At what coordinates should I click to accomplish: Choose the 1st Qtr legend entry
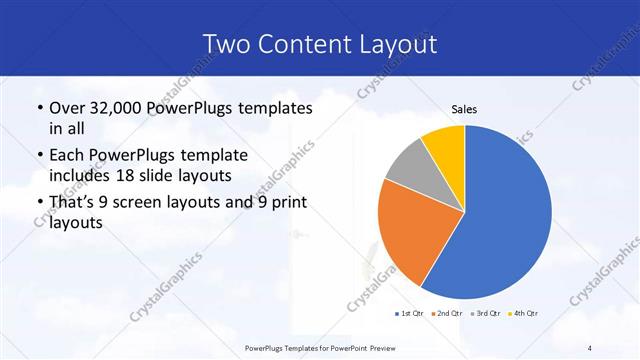410,313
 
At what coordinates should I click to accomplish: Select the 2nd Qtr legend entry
446,313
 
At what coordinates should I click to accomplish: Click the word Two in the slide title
225,43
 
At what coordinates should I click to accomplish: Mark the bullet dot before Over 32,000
39,108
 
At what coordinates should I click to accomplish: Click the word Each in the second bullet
68,157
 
